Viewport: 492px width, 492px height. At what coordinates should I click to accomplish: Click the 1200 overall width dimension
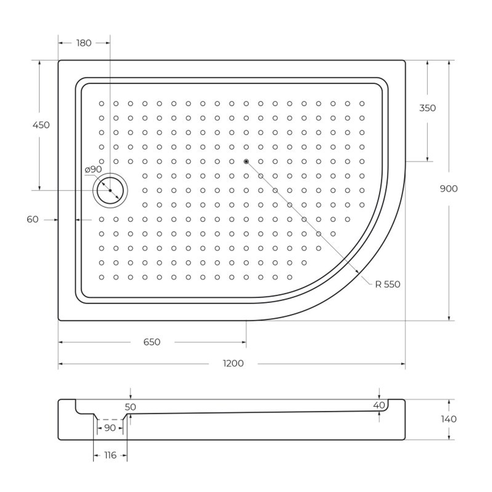(233, 364)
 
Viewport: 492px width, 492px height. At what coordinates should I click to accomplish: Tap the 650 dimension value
(152, 342)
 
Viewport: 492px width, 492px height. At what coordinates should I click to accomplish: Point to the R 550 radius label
(387, 284)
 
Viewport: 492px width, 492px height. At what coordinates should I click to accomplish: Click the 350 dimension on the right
(427, 108)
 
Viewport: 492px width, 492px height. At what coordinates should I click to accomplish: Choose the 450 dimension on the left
(41, 125)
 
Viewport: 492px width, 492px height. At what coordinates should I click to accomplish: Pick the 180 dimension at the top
(84, 43)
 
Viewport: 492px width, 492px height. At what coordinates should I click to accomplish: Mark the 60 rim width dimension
(32, 219)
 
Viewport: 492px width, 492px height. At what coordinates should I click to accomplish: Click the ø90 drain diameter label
(93, 169)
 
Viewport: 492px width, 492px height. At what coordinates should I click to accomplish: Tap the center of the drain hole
(110, 190)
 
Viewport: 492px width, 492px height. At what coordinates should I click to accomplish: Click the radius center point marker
(246, 161)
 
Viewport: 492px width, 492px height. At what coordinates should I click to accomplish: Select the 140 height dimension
(449, 419)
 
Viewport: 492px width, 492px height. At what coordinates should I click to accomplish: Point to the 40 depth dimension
(379, 405)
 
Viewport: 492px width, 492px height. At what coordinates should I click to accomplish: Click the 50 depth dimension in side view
(130, 407)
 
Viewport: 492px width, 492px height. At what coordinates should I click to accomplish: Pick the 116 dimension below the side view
(110, 456)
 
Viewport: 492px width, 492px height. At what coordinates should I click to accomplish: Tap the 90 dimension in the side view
(110, 428)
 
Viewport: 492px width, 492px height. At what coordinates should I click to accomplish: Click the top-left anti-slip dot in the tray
(101, 103)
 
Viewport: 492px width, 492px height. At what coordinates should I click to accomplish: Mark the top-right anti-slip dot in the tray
(362, 103)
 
